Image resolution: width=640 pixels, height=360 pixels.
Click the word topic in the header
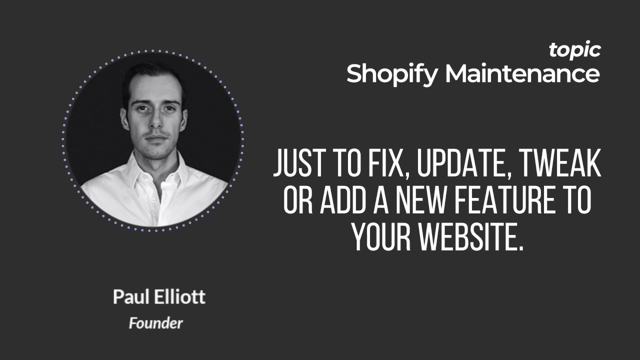pyautogui.click(x=574, y=50)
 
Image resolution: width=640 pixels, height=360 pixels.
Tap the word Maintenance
pyautogui.click(x=522, y=73)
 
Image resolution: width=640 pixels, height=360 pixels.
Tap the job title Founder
pyautogui.click(x=155, y=323)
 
